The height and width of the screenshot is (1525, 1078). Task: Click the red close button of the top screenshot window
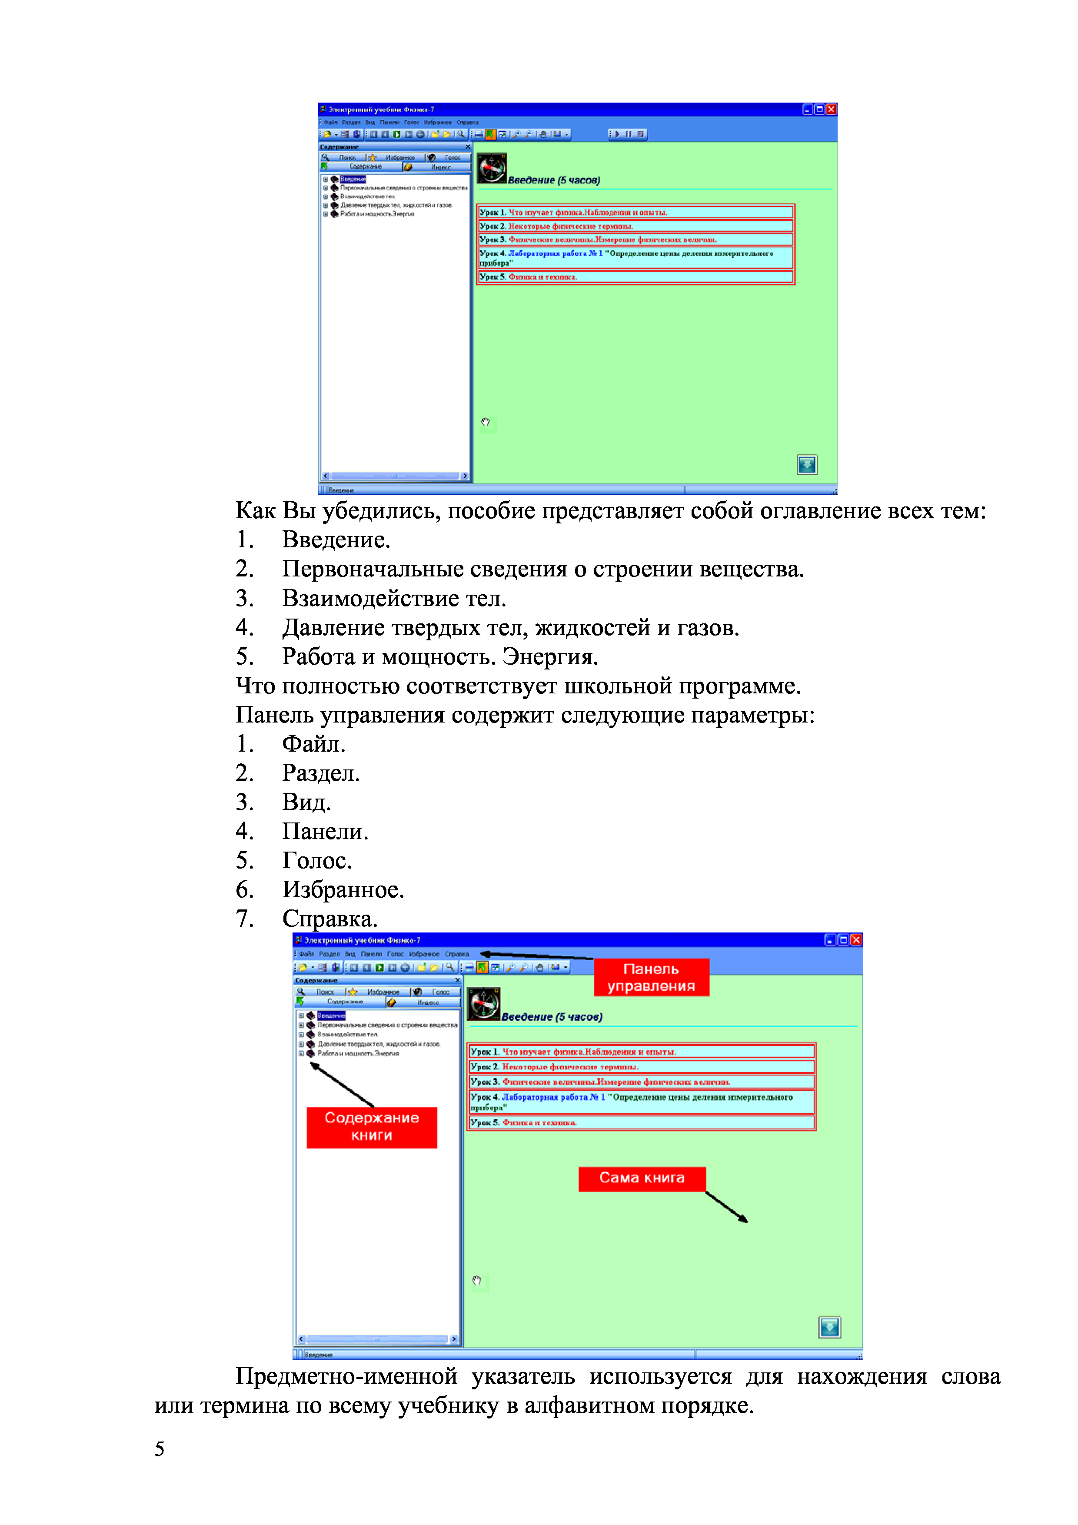coord(831,110)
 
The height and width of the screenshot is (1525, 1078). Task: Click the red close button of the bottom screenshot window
coord(856,940)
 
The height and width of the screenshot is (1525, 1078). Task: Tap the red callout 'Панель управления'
coord(651,977)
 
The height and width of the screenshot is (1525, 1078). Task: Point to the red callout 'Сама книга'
coord(642,1178)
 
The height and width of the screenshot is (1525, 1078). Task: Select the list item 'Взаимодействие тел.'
coord(394,599)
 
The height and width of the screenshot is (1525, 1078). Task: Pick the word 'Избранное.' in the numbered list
coord(343,889)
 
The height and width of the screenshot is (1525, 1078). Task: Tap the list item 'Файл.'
coord(313,744)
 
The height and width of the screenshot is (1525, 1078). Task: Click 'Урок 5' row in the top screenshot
coord(635,277)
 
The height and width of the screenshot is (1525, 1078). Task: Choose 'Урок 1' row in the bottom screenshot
coord(641,1052)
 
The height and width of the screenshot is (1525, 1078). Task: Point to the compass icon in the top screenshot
coord(492,168)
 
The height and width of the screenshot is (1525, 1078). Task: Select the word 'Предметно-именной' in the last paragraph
coord(346,1376)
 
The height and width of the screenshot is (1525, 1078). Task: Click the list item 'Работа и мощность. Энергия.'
coord(440,657)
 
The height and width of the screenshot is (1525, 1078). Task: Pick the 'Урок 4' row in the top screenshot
coord(635,258)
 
